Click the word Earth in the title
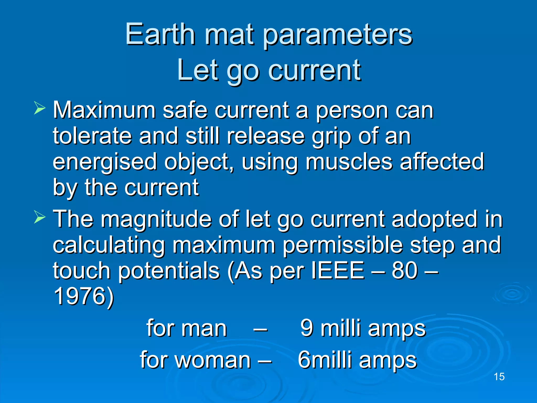pos(160,34)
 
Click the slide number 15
pos(499,377)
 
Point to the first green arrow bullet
pos(40,108)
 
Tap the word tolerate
pos(92,136)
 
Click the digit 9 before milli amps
pos(307,328)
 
